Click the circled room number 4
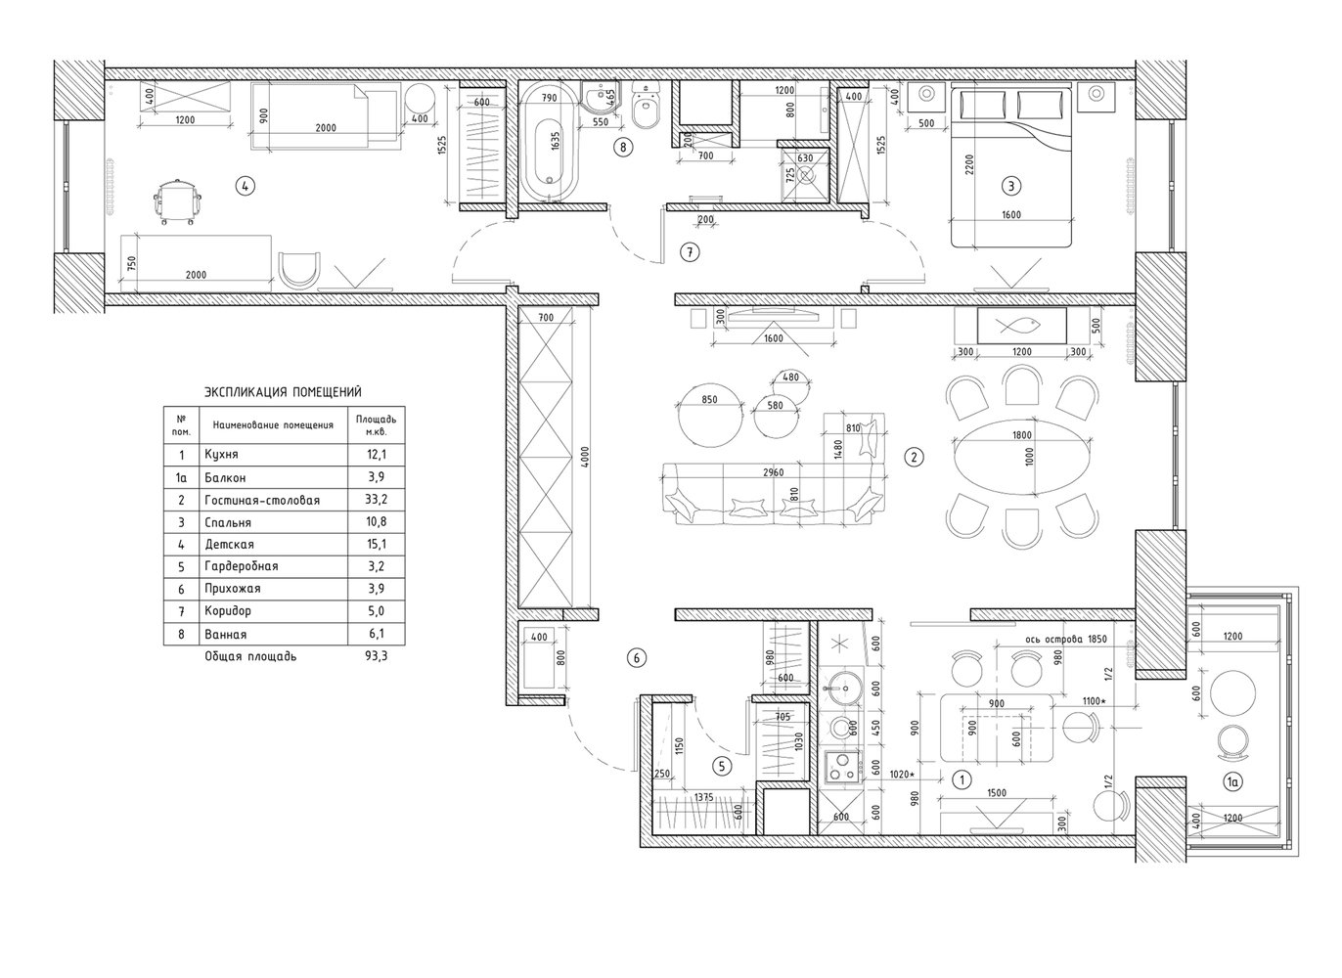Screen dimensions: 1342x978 click(245, 186)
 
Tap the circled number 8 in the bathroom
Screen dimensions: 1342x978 click(623, 147)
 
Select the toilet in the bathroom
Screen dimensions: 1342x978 click(646, 107)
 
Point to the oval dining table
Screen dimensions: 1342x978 click(1022, 457)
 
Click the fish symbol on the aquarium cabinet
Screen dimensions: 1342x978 click(1018, 326)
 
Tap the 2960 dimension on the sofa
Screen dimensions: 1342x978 click(774, 472)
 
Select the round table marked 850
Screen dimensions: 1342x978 click(710, 415)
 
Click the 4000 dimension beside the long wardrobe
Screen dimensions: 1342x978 click(585, 457)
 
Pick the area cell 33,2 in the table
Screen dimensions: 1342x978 click(376, 499)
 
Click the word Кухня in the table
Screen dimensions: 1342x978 click(221, 454)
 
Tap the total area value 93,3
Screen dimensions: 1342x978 click(376, 656)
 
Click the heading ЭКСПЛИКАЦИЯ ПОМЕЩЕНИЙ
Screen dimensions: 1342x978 click(283, 392)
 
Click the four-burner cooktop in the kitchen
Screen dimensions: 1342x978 click(842, 767)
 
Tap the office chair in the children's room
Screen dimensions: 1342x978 click(177, 201)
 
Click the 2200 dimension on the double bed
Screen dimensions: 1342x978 click(969, 164)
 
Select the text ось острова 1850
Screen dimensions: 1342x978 click(1066, 639)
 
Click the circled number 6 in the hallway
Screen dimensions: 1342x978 click(636, 658)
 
